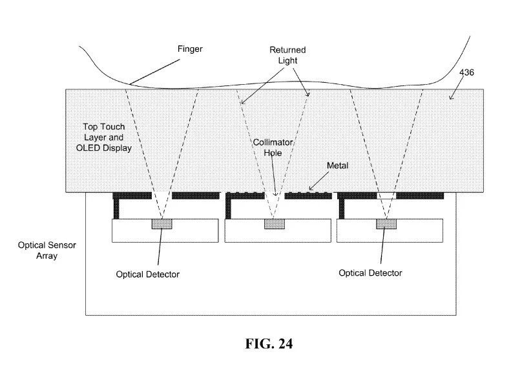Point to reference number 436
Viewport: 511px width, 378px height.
pos(467,72)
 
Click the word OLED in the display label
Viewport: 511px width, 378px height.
pos(95,148)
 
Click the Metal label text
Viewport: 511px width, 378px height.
pos(337,166)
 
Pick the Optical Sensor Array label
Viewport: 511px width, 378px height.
pos(42,252)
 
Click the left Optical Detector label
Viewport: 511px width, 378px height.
pos(147,274)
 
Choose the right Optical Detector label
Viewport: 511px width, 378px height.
pos(370,272)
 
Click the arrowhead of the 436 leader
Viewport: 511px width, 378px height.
pos(451,98)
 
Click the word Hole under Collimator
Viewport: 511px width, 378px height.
pos(271,154)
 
